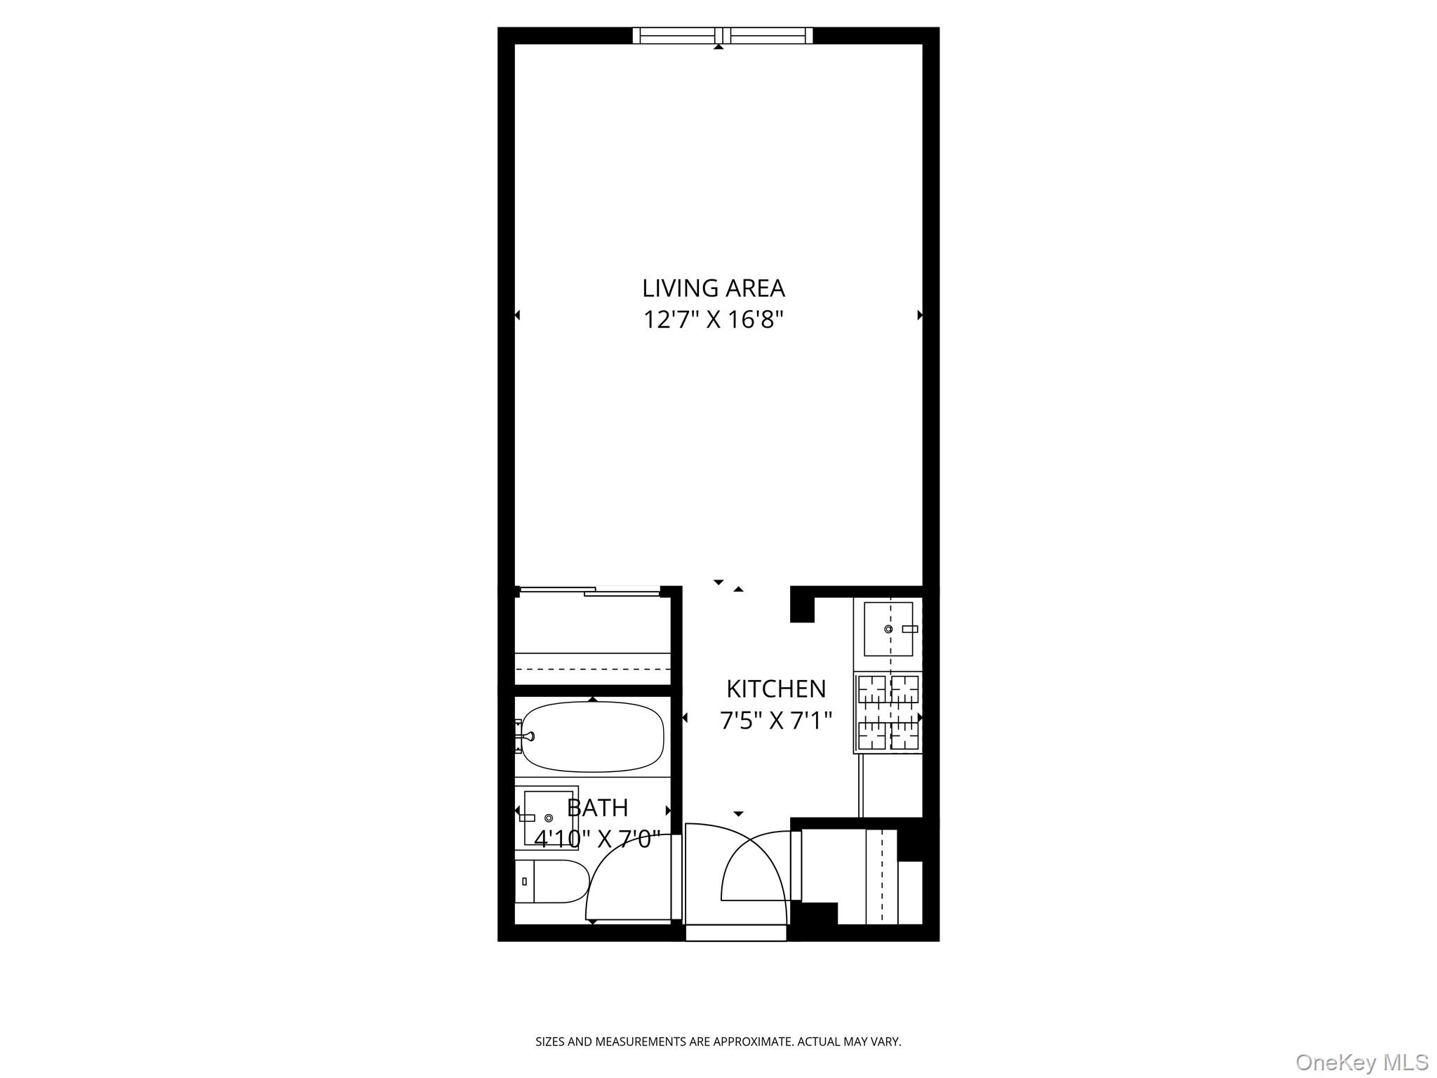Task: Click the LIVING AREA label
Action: click(713, 288)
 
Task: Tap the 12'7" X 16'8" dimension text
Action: click(713, 320)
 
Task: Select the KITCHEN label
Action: click(775, 689)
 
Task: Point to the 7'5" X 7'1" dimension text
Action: click(775, 720)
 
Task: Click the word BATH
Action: click(597, 808)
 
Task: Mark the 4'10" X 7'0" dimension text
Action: click(597, 838)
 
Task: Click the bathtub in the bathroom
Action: click(593, 736)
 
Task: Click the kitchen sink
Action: click(888, 629)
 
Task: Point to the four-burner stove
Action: click(888, 712)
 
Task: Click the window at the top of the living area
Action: click(723, 35)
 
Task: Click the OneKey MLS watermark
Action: click(1361, 1062)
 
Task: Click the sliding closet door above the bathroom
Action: click(588, 592)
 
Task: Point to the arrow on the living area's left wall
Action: click(517, 315)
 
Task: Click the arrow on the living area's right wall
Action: click(920, 315)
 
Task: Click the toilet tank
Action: click(524, 881)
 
